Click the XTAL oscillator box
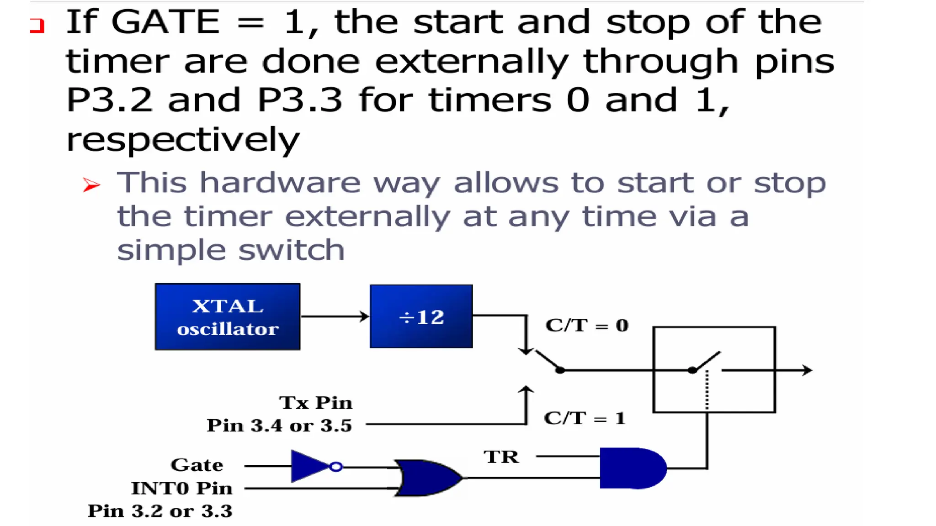pyautogui.click(x=228, y=317)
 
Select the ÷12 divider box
pyautogui.click(x=421, y=316)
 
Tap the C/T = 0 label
pyautogui.click(x=587, y=326)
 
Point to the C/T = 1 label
pyautogui.click(x=585, y=418)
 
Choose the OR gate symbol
pyautogui.click(x=428, y=478)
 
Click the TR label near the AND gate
pyautogui.click(x=501, y=457)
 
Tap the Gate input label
pyautogui.click(x=197, y=465)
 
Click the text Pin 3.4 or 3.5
pyautogui.click(x=279, y=426)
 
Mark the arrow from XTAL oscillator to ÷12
pyautogui.click(x=335, y=316)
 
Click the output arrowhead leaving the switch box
pyautogui.click(x=807, y=370)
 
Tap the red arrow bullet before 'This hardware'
pyautogui.click(x=91, y=184)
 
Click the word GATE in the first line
pyautogui.click(x=165, y=22)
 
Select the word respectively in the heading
pyautogui.click(x=183, y=140)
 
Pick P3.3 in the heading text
pyautogui.click(x=300, y=100)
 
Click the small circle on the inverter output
pyautogui.click(x=336, y=467)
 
